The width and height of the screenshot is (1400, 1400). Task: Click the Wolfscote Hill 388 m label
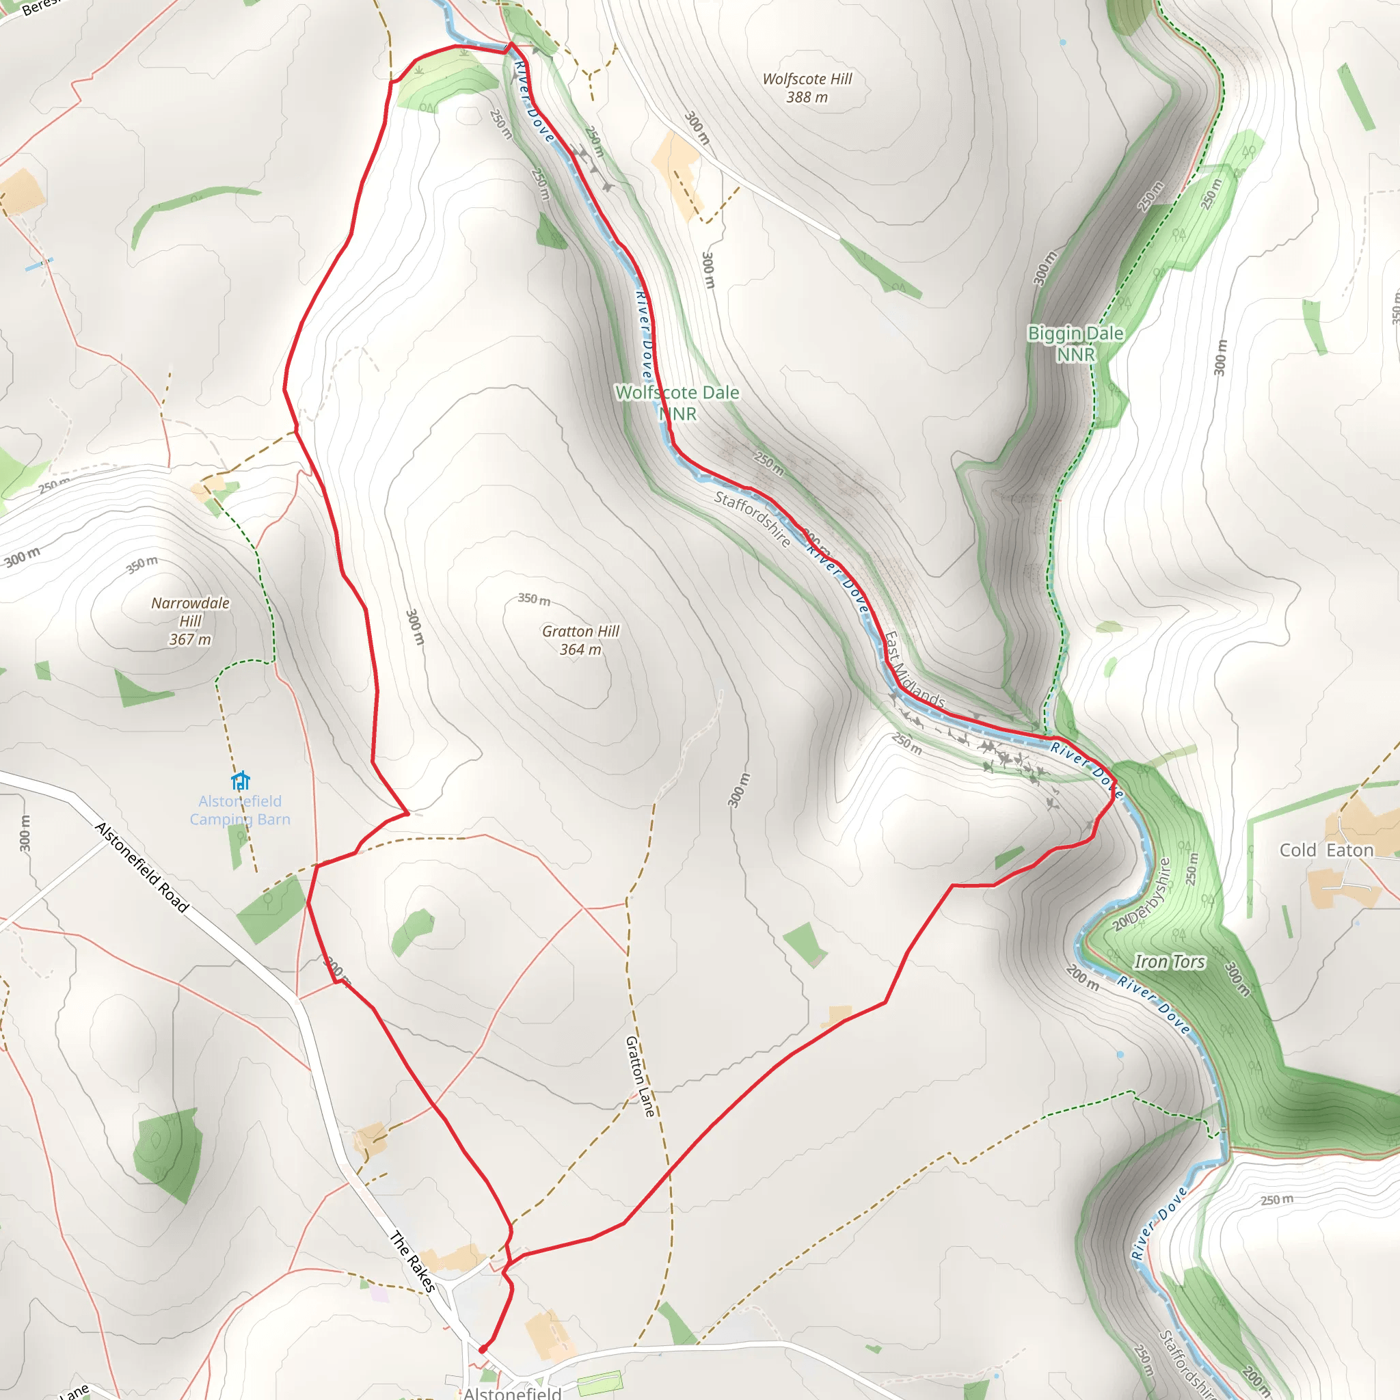coord(807,87)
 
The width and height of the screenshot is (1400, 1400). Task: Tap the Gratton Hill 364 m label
coord(580,641)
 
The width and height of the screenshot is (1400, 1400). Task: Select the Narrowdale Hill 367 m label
coord(190,621)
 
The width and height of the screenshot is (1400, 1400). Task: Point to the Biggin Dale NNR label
coord(1075,343)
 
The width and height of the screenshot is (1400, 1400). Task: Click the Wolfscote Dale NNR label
coord(677,402)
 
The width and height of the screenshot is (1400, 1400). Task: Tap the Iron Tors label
coord(1169,962)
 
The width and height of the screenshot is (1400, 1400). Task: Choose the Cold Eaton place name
coord(1326,850)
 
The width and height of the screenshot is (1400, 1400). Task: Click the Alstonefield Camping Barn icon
coord(241,781)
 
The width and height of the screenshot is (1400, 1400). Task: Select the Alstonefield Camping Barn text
coord(240,810)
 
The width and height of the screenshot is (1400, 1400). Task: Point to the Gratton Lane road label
coord(640,1076)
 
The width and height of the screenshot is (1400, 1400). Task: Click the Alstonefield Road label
coord(142,867)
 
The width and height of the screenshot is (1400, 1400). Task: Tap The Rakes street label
coord(413,1262)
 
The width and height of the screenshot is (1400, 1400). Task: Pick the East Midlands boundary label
coord(915,671)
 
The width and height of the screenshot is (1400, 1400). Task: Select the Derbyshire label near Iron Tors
coord(1148,890)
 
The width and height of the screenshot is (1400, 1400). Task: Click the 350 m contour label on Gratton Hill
coord(534,599)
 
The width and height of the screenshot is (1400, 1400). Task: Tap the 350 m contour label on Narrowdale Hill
coord(142,564)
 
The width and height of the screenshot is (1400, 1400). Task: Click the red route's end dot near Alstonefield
coord(483,1349)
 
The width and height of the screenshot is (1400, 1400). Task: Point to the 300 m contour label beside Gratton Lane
coord(738,790)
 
